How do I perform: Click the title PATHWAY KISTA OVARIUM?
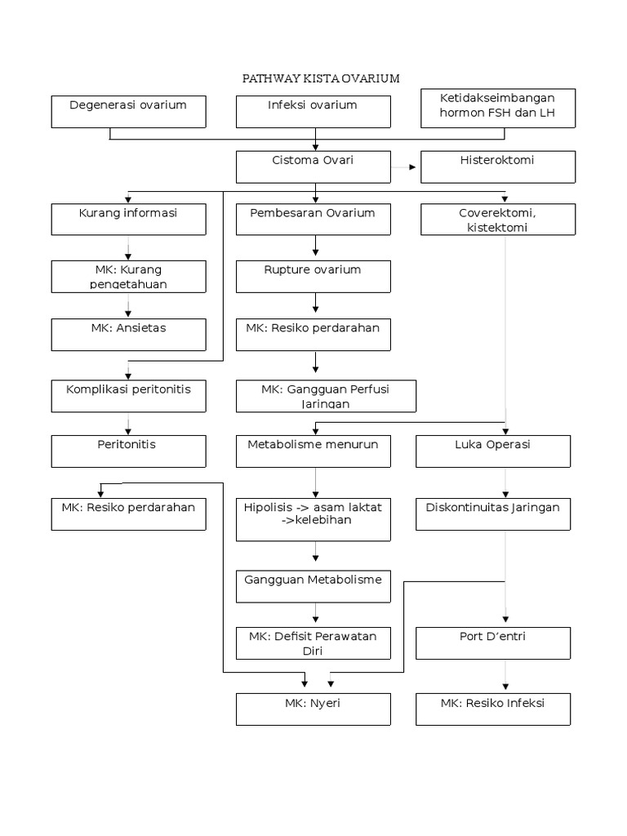tap(321, 78)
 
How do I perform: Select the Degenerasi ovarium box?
tap(128, 112)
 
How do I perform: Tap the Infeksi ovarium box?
tap(313, 112)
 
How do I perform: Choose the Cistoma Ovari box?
tap(313, 167)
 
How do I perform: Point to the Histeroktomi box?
tap(497, 167)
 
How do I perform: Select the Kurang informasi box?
tap(128, 220)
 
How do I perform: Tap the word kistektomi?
tap(497, 227)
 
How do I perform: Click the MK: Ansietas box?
tap(128, 334)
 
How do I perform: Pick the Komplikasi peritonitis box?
tap(128, 396)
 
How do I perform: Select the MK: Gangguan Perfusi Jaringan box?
tap(326, 396)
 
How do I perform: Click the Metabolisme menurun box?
tap(313, 451)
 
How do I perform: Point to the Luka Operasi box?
tap(492, 451)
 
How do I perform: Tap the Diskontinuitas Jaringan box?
tap(492, 514)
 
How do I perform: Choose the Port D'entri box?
tap(492, 643)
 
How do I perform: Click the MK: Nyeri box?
tap(313, 709)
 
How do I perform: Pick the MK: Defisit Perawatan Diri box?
tap(313, 643)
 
